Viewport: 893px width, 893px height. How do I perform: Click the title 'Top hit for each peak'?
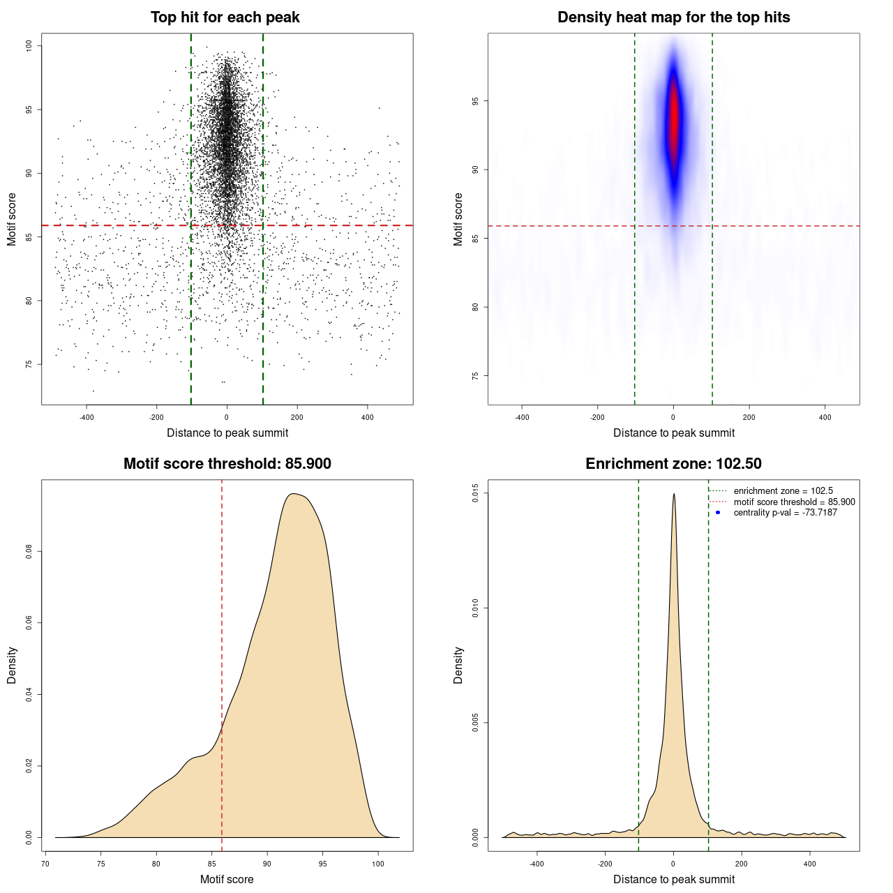pos(225,17)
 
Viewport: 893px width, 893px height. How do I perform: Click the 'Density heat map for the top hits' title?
pos(673,17)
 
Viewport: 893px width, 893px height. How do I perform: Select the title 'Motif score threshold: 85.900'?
pos(227,464)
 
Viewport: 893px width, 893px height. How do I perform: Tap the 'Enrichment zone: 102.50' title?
pos(673,464)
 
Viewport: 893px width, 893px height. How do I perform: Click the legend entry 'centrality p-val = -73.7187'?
pos(785,513)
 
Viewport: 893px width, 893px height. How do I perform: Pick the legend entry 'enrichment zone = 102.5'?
pos(783,491)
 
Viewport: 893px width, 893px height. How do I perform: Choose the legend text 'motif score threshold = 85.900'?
pos(794,502)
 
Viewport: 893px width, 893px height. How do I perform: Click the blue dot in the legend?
pos(718,513)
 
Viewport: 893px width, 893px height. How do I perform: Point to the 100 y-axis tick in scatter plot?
pos(29,45)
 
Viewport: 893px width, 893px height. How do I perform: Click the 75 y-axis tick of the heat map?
pos(476,375)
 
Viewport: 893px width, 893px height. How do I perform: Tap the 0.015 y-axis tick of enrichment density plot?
pos(476,493)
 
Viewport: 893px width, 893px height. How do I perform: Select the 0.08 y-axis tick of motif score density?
pos(29,552)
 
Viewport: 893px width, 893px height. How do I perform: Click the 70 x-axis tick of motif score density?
pos(45,864)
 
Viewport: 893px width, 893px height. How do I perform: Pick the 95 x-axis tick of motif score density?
pos(322,864)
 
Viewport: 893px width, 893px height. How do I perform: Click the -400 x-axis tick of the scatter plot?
pos(87,417)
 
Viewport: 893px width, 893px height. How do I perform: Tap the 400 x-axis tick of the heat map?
pos(825,417)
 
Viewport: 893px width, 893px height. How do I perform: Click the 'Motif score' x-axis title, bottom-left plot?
pos(227,879)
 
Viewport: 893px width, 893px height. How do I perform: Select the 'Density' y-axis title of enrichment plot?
pos(458,665)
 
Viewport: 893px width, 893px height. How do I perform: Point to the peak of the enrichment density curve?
pos(673,495)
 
